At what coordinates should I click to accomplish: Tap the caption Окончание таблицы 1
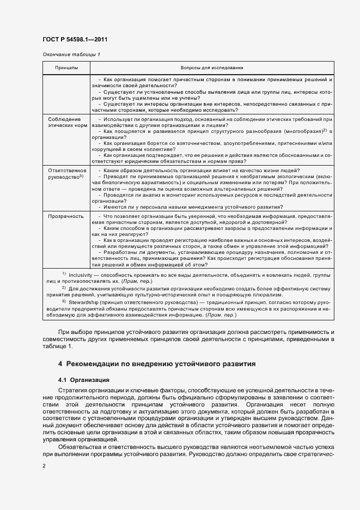pyautogui.click(x=71, y=54)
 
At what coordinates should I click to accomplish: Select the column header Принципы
pyautogui.click(x=66, y=68)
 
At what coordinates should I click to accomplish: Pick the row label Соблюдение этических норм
pyautogui.click(x=64, y=122)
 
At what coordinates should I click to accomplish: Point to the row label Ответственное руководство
pyautogui.click(x=65, y=173)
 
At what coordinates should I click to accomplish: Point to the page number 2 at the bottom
pyautogui.click(x=44, y=465)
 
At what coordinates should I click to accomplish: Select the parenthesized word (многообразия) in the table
pyautogui.click(x=297, y=132)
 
